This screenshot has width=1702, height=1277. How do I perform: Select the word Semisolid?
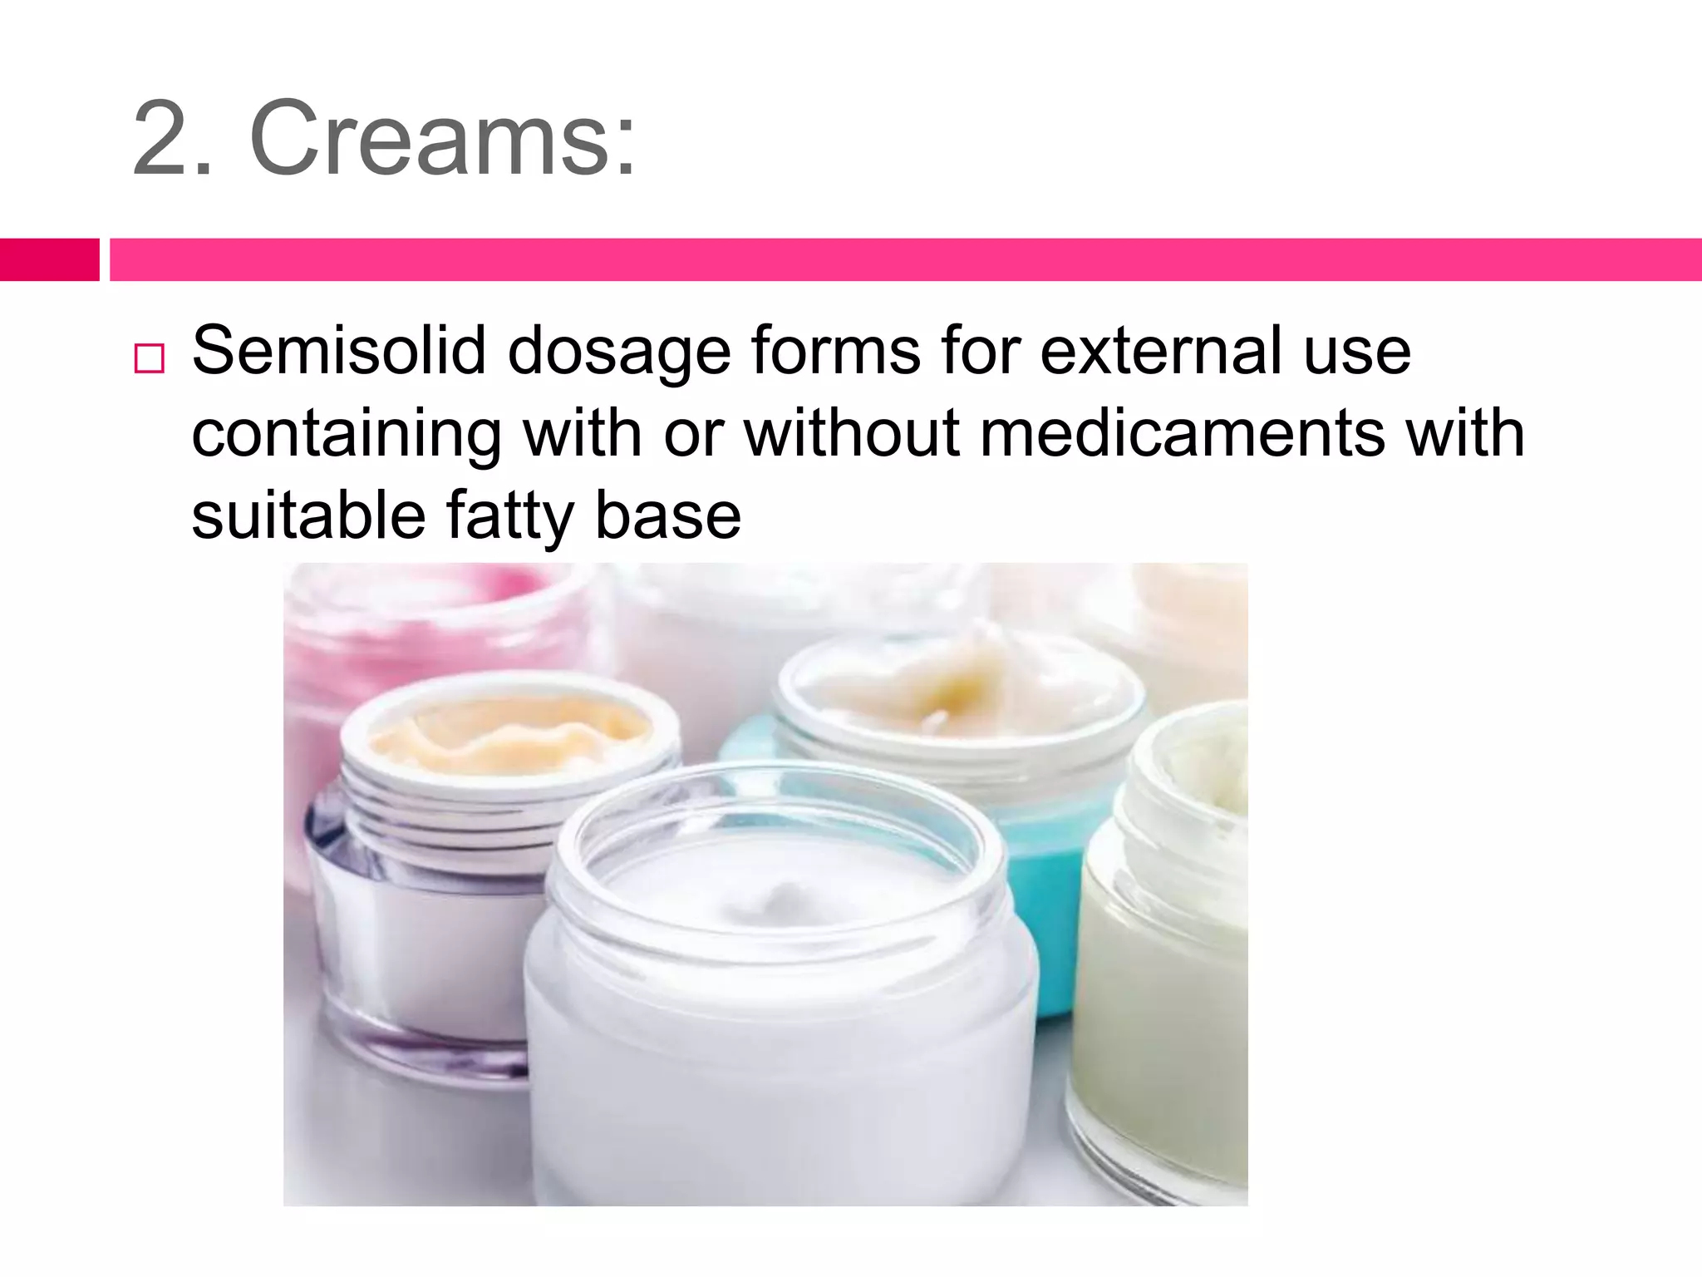pyautogui.click(x=339, y=350)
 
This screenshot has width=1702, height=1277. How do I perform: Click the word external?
pyautogui.click(x=1160, y=350)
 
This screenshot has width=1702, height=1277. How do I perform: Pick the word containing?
pyautogui.click(x=347, y=435)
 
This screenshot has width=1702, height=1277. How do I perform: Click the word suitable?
pyautogui.click(x=307, y=515)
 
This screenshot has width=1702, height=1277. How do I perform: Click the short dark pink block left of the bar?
pyautogui.click(x=49, y=259)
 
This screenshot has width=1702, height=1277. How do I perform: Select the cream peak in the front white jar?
pyautogui.click(x=777, y=898)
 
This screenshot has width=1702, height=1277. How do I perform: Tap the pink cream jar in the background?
pyautogui.click(x=416, y=632)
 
